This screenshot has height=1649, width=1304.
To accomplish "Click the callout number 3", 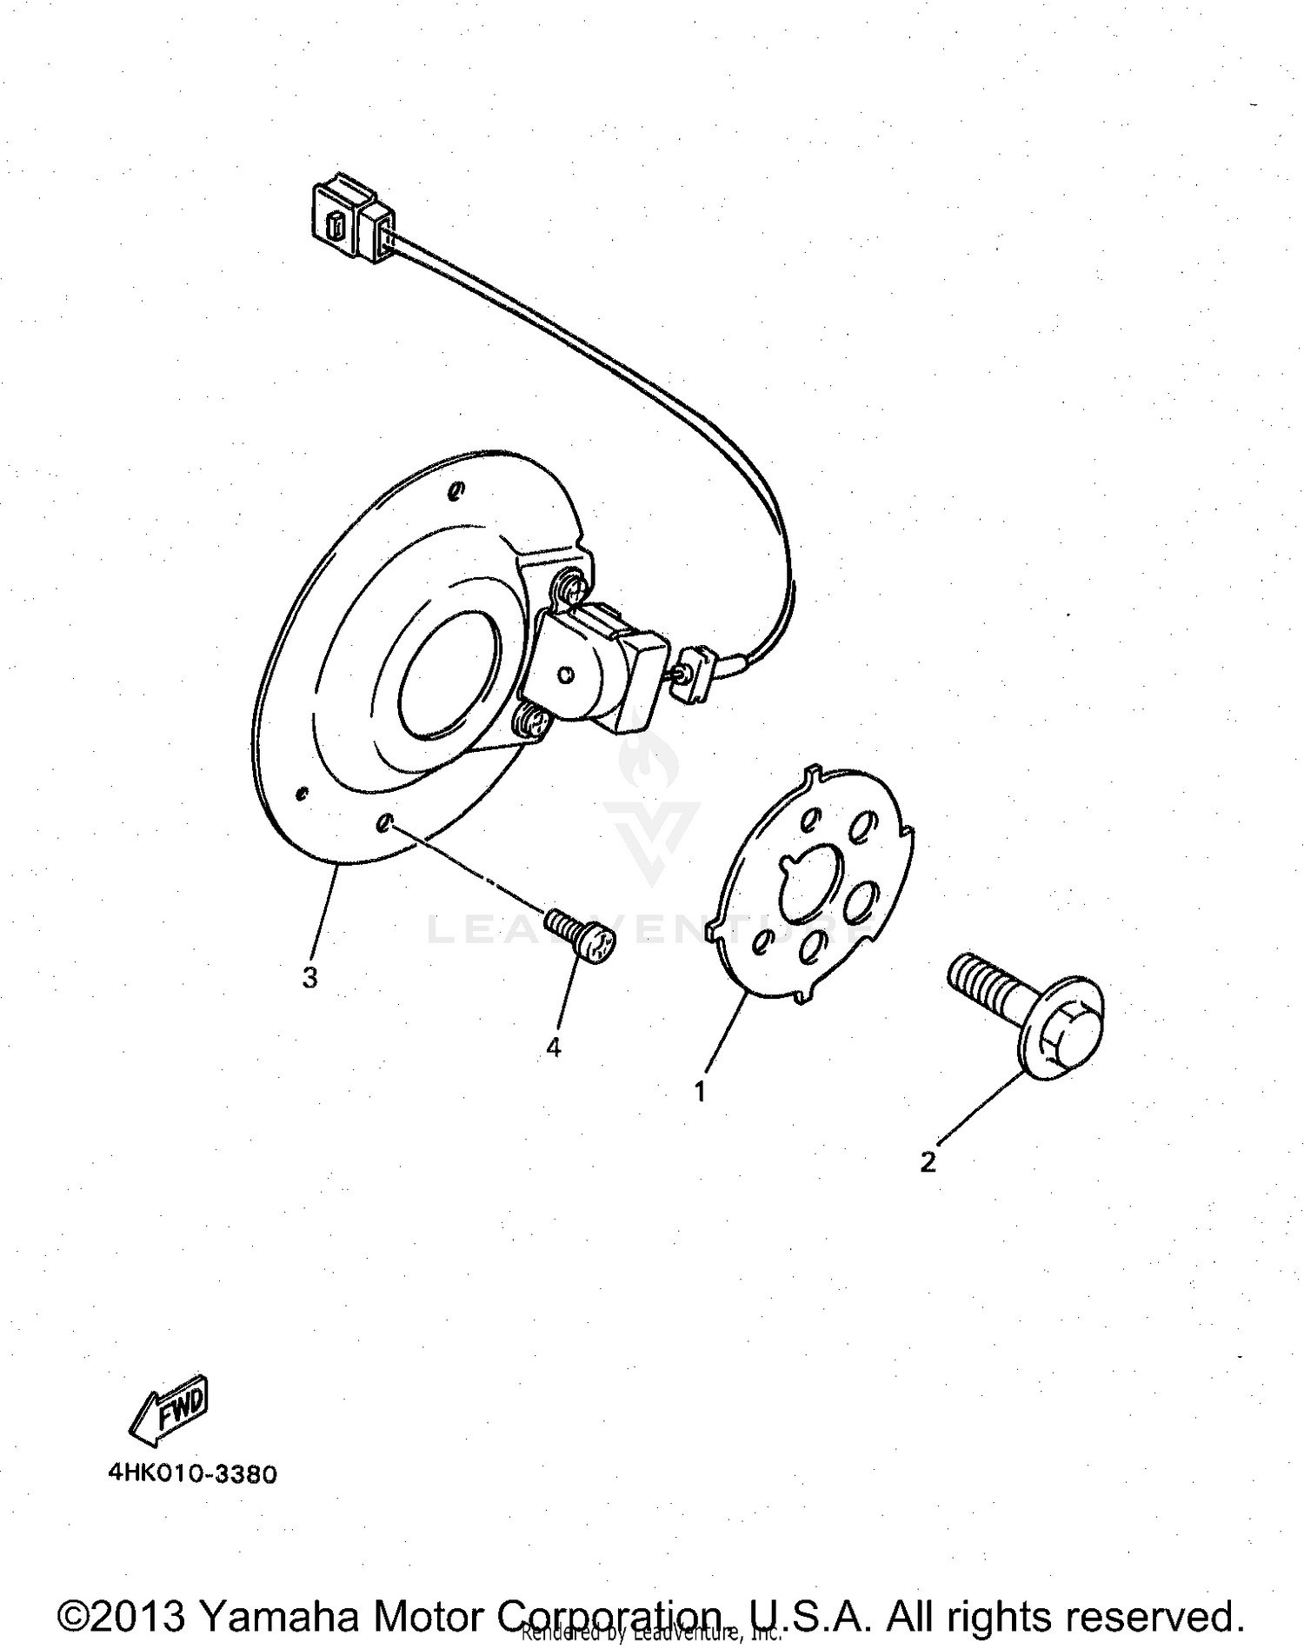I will click(309, 978).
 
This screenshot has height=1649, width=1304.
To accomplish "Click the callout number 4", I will click(554, 1048).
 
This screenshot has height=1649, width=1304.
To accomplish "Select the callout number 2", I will click(928, 1161).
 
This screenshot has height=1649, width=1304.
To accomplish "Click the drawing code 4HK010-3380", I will click(192, 1475).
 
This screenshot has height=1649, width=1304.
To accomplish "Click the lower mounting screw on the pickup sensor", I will click(533, 721).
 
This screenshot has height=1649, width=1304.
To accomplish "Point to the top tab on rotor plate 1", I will click(813, 772).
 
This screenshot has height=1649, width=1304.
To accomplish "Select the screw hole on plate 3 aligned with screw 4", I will click(385, 822).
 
